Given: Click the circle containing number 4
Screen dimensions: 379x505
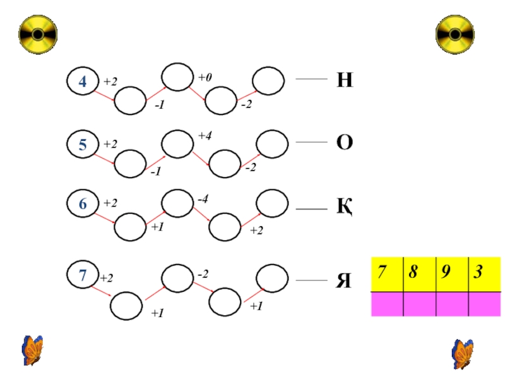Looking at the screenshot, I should tap(83, 81).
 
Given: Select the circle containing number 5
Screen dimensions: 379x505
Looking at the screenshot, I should tap(83, 145).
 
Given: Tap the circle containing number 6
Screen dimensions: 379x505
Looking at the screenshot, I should tap(83, 203).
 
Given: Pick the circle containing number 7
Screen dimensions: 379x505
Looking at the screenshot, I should tap(83, 275).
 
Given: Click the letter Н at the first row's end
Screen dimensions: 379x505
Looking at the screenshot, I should tap(344, 80).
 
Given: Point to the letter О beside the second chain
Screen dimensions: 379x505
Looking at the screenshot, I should tap(344, 143).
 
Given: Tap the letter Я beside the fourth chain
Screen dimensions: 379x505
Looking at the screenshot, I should tap(343, 280).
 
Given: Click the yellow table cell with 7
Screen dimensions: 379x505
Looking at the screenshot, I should tap(386, 274).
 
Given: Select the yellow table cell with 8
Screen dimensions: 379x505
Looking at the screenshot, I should tap(419, 274).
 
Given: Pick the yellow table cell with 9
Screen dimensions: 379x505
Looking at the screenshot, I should tap(452, 274).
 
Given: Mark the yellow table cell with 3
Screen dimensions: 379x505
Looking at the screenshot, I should tap(484, 274).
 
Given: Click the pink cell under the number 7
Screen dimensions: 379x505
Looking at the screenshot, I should tap(386, 304).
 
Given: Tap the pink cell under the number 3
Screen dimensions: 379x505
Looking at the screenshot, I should tap(484, 304).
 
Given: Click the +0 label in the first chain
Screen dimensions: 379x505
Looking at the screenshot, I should tap(205, 77).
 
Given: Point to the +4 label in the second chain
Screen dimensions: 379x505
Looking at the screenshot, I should tap(205, 135).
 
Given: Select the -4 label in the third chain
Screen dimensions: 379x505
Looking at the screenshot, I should tap(203, 200).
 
